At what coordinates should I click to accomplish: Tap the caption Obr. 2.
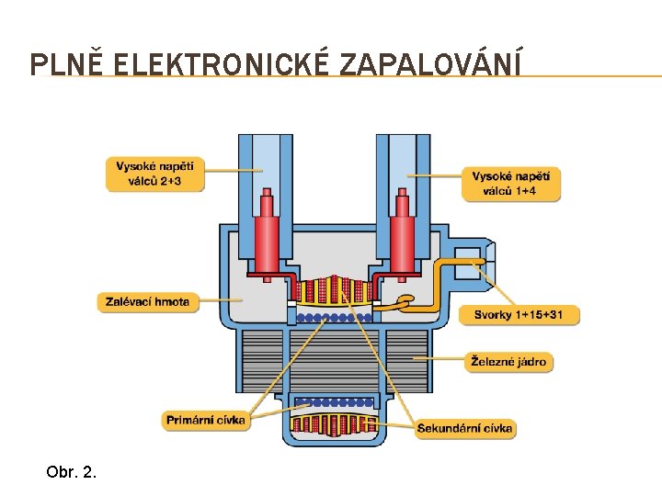tap(71, 473)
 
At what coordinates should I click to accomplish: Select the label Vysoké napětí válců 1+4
tap(510, 184)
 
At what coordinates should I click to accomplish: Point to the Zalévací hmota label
tap(148, 301)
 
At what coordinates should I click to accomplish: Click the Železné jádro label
tap(508, 362)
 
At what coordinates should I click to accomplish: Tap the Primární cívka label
tap(206, 420)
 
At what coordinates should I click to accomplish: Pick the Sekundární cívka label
tap(464, 428)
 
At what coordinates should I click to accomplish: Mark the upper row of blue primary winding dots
tap(333, 317)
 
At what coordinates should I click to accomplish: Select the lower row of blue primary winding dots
tap(333, 401)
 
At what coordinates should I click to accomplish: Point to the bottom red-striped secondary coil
tap(333, 423)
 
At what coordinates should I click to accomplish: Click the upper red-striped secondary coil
tap(333, 290)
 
